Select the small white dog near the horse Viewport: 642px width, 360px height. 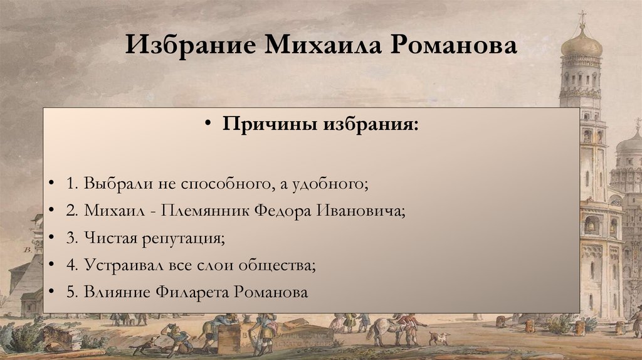tap(439, 338)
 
